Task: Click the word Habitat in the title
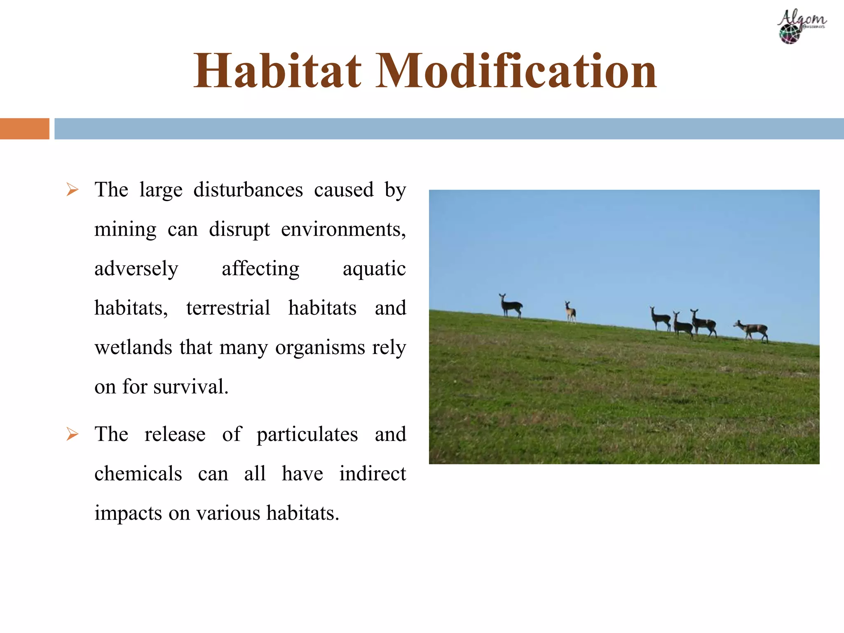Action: (x=277, y=71)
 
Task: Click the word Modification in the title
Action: (x=516, y=71)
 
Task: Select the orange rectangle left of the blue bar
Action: (x=24, y=129)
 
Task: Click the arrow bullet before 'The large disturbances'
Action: (x=72, y=190)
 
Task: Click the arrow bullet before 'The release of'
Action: (x=72, y=434)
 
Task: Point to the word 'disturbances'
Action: (x=248, y=190)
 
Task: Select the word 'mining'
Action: (x=125, y=230)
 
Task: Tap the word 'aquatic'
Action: (x=374, y=269)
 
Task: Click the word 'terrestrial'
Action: (x=228, y=308)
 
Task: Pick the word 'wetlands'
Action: (x=133, y=347)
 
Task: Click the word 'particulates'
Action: (x=307, y=435)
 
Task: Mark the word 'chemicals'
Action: (x=138, y=474)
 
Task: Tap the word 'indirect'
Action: (x=373, y=474)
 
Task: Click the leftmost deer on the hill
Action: (x=511, y=306)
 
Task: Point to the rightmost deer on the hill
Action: (x=753, y=330)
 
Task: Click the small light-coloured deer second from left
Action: (x=570, y=312)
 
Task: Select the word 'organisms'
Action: (x=320, y=347)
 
